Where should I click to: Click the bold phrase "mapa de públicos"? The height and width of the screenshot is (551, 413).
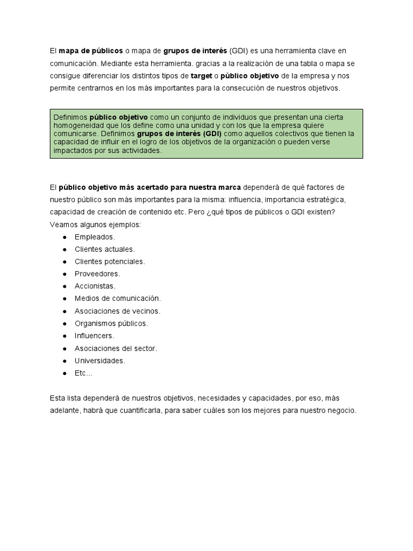click(x=90, y=51)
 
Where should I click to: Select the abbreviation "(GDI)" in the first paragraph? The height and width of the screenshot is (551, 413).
click(x=239, y=51)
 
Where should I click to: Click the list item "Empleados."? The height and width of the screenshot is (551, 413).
click(x=95, y=237)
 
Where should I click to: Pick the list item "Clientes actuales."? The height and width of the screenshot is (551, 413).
click(x=105, y=249)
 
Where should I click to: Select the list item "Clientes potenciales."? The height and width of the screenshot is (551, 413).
click(x=110, y=262)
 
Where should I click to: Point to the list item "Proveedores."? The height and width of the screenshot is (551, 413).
click(x=97, y=274)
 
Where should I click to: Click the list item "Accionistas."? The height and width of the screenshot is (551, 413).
click(x=95, y=286)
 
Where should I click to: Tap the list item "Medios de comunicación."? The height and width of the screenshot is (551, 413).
click(x=118, y=299)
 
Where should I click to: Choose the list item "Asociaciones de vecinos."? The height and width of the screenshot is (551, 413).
click(x=117, y=311)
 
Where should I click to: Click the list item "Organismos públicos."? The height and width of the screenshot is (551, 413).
click(x=111, y=323)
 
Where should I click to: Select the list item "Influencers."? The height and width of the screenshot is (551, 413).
click(x=95, y=336)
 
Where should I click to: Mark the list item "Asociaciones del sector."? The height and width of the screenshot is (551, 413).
click(x=116, y=348)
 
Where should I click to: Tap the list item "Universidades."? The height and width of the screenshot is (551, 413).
click(x=99, y=361)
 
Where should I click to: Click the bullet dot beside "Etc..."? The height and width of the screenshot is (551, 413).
click(x=65, y=373)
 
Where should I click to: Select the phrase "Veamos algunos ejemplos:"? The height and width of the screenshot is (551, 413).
click(x=95, y=224)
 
